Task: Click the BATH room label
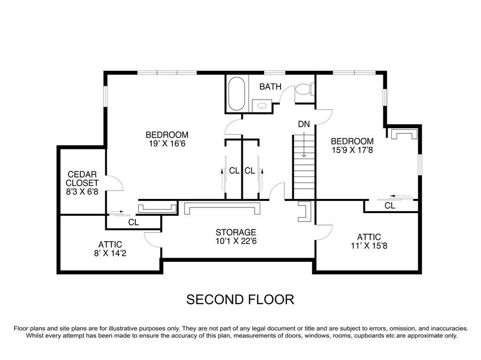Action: click(271, 86)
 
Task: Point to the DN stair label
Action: click(303, 124)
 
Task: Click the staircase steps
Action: click(304, 169)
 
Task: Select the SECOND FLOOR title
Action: click(240, 299)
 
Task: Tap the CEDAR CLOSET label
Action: click(82, 178)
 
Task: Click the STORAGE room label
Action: click(236, 232)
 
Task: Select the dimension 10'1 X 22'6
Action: click(236, 241)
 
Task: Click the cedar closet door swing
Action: click(115, 183)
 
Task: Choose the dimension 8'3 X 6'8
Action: click(82, 192)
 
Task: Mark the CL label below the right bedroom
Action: click(390, 206)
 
